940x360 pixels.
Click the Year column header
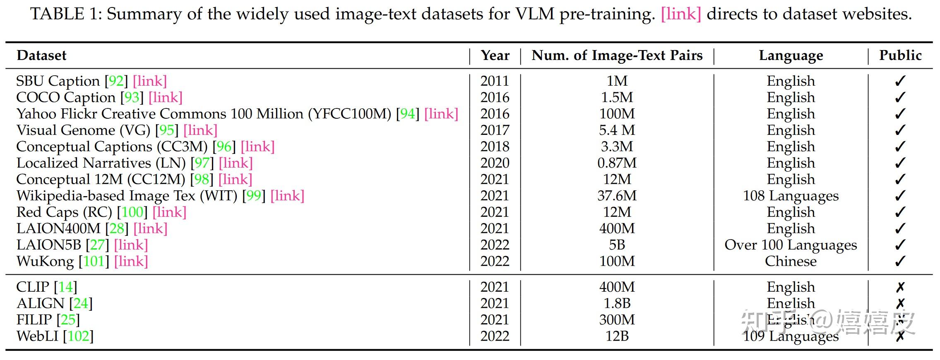[x=495, y=55]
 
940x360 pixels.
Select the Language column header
[x=791, y=55]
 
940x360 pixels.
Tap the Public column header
[x=900, y=55]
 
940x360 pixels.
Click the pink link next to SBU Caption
[x=150, y=81]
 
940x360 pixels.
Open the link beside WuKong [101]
[x=131, y=262]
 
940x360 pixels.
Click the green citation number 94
[x=408, y=114]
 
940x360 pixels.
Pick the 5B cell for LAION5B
[x=617, y=245]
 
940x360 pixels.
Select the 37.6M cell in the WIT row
[x=617, y=196]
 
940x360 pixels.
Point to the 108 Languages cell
[x=791, y=196]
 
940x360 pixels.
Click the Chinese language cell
[x=791, y=262]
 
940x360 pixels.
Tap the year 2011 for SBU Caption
[x=495, y=81]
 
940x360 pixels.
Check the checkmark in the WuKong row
[x=900, y=262]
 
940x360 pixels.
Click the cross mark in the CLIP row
[x=900, y=287]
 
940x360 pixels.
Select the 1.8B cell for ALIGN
[x=617, y=303]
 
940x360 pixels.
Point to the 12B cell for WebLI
[x=617, y=336]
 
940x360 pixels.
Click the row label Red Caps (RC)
[x=64, y=212]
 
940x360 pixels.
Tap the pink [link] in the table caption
[x=681, y=14]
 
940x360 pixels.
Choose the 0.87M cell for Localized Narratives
[x=617, y=163]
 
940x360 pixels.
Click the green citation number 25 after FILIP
[x=68, y=320]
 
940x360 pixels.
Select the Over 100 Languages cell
[x=791, y=245]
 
